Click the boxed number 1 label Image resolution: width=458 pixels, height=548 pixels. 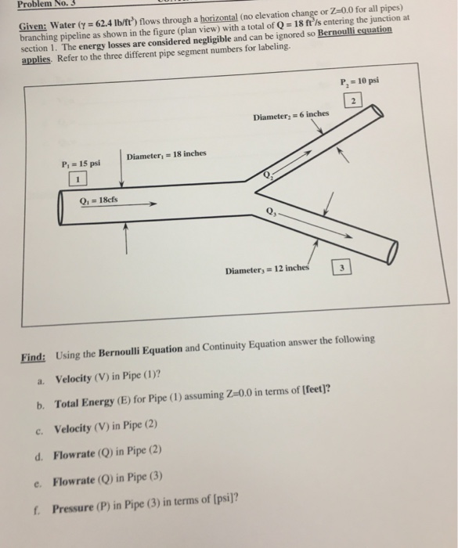(78, 180)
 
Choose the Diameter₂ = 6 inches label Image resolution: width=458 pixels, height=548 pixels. (291, 117)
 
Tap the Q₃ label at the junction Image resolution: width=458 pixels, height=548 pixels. (272, 209)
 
